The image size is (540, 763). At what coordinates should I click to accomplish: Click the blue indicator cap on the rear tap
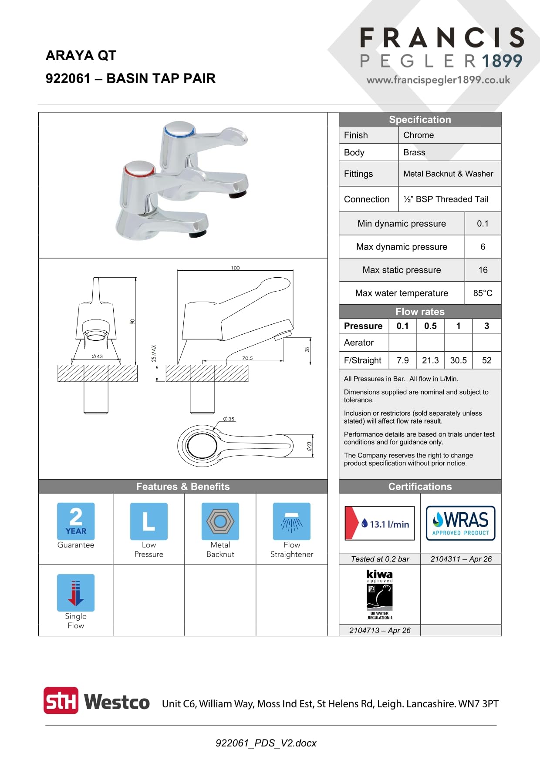(179, 130)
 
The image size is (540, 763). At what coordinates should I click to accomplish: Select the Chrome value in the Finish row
(418, 135)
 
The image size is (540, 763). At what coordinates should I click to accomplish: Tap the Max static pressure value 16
(483, 270)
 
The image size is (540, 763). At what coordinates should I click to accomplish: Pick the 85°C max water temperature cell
(483, 293)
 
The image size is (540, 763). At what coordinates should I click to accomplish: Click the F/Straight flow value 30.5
(458, 360)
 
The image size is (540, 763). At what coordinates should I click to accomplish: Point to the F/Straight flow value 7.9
(403, 360)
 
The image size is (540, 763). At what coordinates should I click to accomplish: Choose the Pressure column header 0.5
(430, 326)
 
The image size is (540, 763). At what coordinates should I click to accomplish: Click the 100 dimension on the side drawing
(235, 268)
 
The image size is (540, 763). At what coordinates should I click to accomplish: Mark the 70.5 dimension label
(247, 358)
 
